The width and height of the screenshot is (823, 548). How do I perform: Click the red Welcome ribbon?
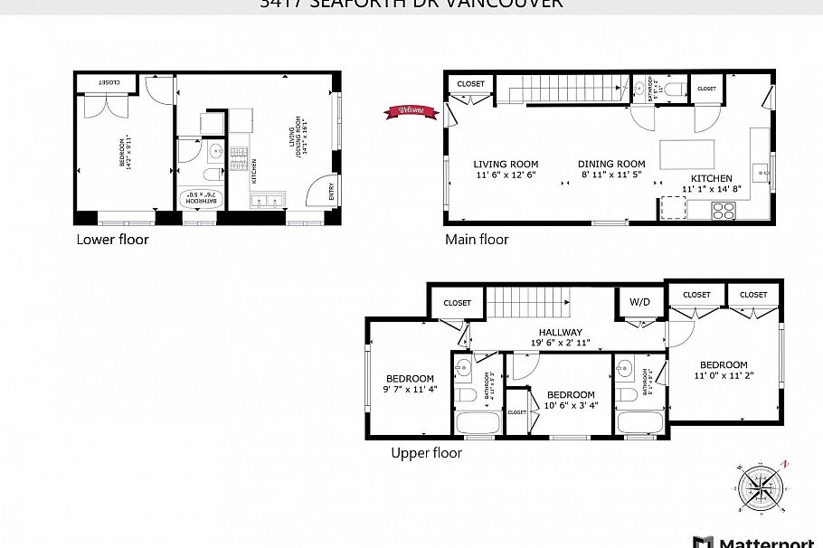coord(407,111)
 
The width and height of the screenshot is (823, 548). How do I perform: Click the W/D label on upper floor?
coord(639,302)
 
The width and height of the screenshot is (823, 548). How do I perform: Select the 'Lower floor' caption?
coord(112,240)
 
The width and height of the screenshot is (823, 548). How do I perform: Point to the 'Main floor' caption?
coord(477,240)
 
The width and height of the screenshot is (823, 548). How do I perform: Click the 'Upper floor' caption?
coord(426,453)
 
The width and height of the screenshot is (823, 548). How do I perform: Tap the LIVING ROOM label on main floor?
coord(506,165)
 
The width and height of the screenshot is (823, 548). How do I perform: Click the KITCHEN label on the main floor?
coord(712,178)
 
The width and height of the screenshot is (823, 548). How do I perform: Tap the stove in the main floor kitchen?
coord(724,210)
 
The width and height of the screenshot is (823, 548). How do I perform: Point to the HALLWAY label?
coord(561,332)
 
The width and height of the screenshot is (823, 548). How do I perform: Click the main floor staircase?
coord(565,90)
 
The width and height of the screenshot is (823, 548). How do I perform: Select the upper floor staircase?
coord(526,301)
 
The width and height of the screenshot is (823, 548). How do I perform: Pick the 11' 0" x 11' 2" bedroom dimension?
coord(723,375)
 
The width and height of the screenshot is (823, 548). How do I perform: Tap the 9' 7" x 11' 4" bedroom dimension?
coord(410,390)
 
